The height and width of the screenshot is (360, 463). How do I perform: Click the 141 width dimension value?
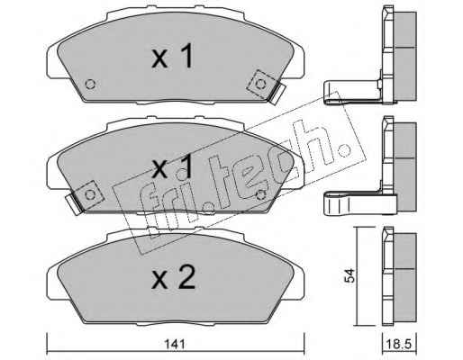pos(175,344)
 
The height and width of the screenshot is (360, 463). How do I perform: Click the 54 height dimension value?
pos(350,275)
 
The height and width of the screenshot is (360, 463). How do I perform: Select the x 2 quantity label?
pos(174,277)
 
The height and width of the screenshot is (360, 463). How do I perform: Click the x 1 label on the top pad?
pos(172,56)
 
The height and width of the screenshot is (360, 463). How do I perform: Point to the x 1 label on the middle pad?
pos(172,168)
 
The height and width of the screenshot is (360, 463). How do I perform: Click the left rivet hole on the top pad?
pos(90,84)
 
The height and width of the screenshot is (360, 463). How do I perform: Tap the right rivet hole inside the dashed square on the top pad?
pos(259,85)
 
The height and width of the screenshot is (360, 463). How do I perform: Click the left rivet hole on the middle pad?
pos(90,195)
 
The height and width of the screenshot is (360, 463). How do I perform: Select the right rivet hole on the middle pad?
pos(261,195)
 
